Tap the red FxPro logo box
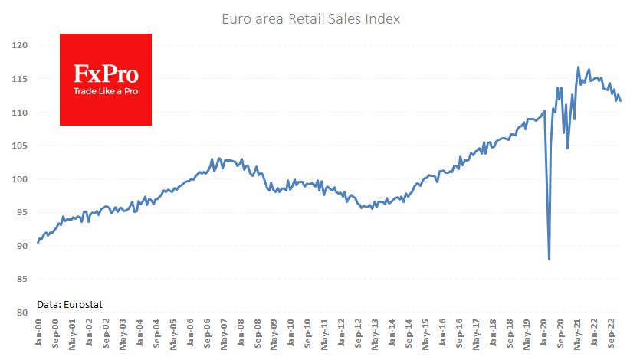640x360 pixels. (x=106, y=80)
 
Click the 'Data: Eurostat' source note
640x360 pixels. (x=70, y=304)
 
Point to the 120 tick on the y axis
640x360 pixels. (x=20, y=46)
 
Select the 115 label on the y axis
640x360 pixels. (x=20, y=79)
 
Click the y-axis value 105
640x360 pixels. (x=20, y=146)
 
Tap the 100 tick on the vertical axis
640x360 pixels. (x=20, y=179)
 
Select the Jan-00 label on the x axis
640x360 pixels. (x=38, y=332)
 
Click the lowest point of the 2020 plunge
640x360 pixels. (x=549, y=260)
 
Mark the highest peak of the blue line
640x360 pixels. (x=578, y=67)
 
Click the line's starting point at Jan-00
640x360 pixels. (x=38, y=243)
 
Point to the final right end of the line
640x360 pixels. (x=620, y=100)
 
